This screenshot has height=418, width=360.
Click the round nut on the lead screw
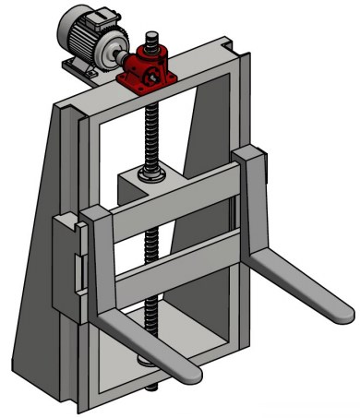coord(150,173)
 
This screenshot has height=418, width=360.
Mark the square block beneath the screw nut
coord(148,190)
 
